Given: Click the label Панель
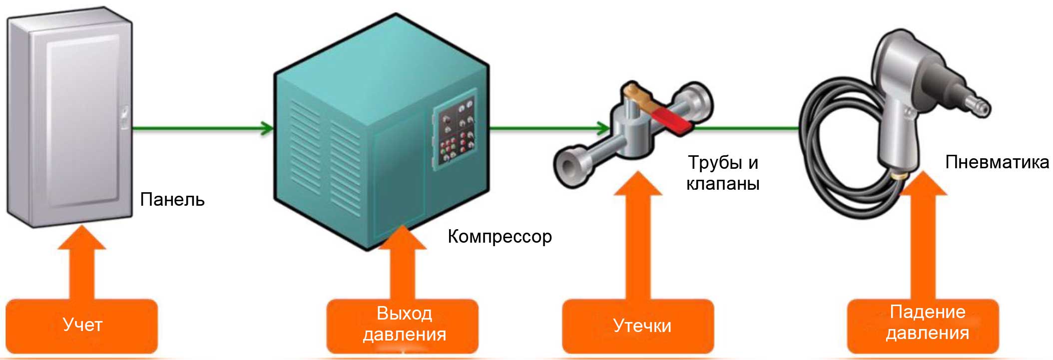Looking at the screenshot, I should (172, 200).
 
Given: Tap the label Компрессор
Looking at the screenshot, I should (500, 236).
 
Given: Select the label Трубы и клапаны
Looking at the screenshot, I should (723, 173).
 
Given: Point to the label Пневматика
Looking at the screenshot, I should (997, 162).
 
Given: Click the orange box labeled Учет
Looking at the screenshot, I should (82, 326).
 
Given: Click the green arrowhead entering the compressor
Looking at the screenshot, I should (267, 128).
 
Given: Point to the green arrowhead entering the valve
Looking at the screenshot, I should (602, 128).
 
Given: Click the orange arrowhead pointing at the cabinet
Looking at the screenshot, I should (82, 239).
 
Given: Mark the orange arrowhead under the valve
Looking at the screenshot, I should (638, 185).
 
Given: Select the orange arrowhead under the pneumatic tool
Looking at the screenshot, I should (923, 185).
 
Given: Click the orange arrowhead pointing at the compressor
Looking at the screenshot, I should (403, 239).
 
